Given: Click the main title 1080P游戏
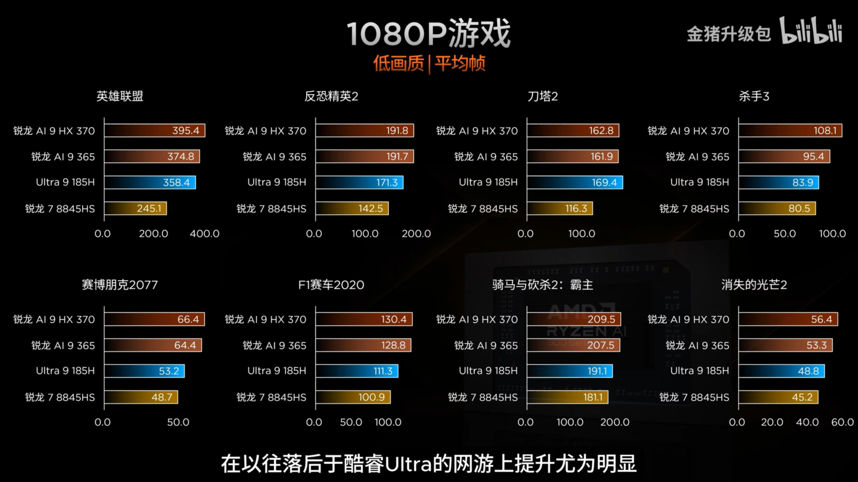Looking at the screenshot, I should (428, 34).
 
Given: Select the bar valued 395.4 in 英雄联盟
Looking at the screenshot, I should (154, 131).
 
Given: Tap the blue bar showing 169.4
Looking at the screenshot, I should (575, 182).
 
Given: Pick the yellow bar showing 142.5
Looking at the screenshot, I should (352, 208).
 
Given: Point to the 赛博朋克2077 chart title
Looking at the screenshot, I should (120, 285).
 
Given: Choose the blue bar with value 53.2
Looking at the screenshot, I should (144, 371).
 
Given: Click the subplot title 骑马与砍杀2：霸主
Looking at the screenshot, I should (543, 285).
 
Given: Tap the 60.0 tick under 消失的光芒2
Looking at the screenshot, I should (842, 422).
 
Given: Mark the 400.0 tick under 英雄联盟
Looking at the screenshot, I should (204, 234).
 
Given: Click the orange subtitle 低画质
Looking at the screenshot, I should (398, 64).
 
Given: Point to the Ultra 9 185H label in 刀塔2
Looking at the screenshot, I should (488, 182).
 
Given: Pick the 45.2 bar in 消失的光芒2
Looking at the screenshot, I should (778, 397).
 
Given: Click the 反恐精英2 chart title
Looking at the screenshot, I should (331, 96).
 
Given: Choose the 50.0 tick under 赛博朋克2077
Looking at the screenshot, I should (178, 422).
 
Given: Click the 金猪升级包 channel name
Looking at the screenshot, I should (729, 34).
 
